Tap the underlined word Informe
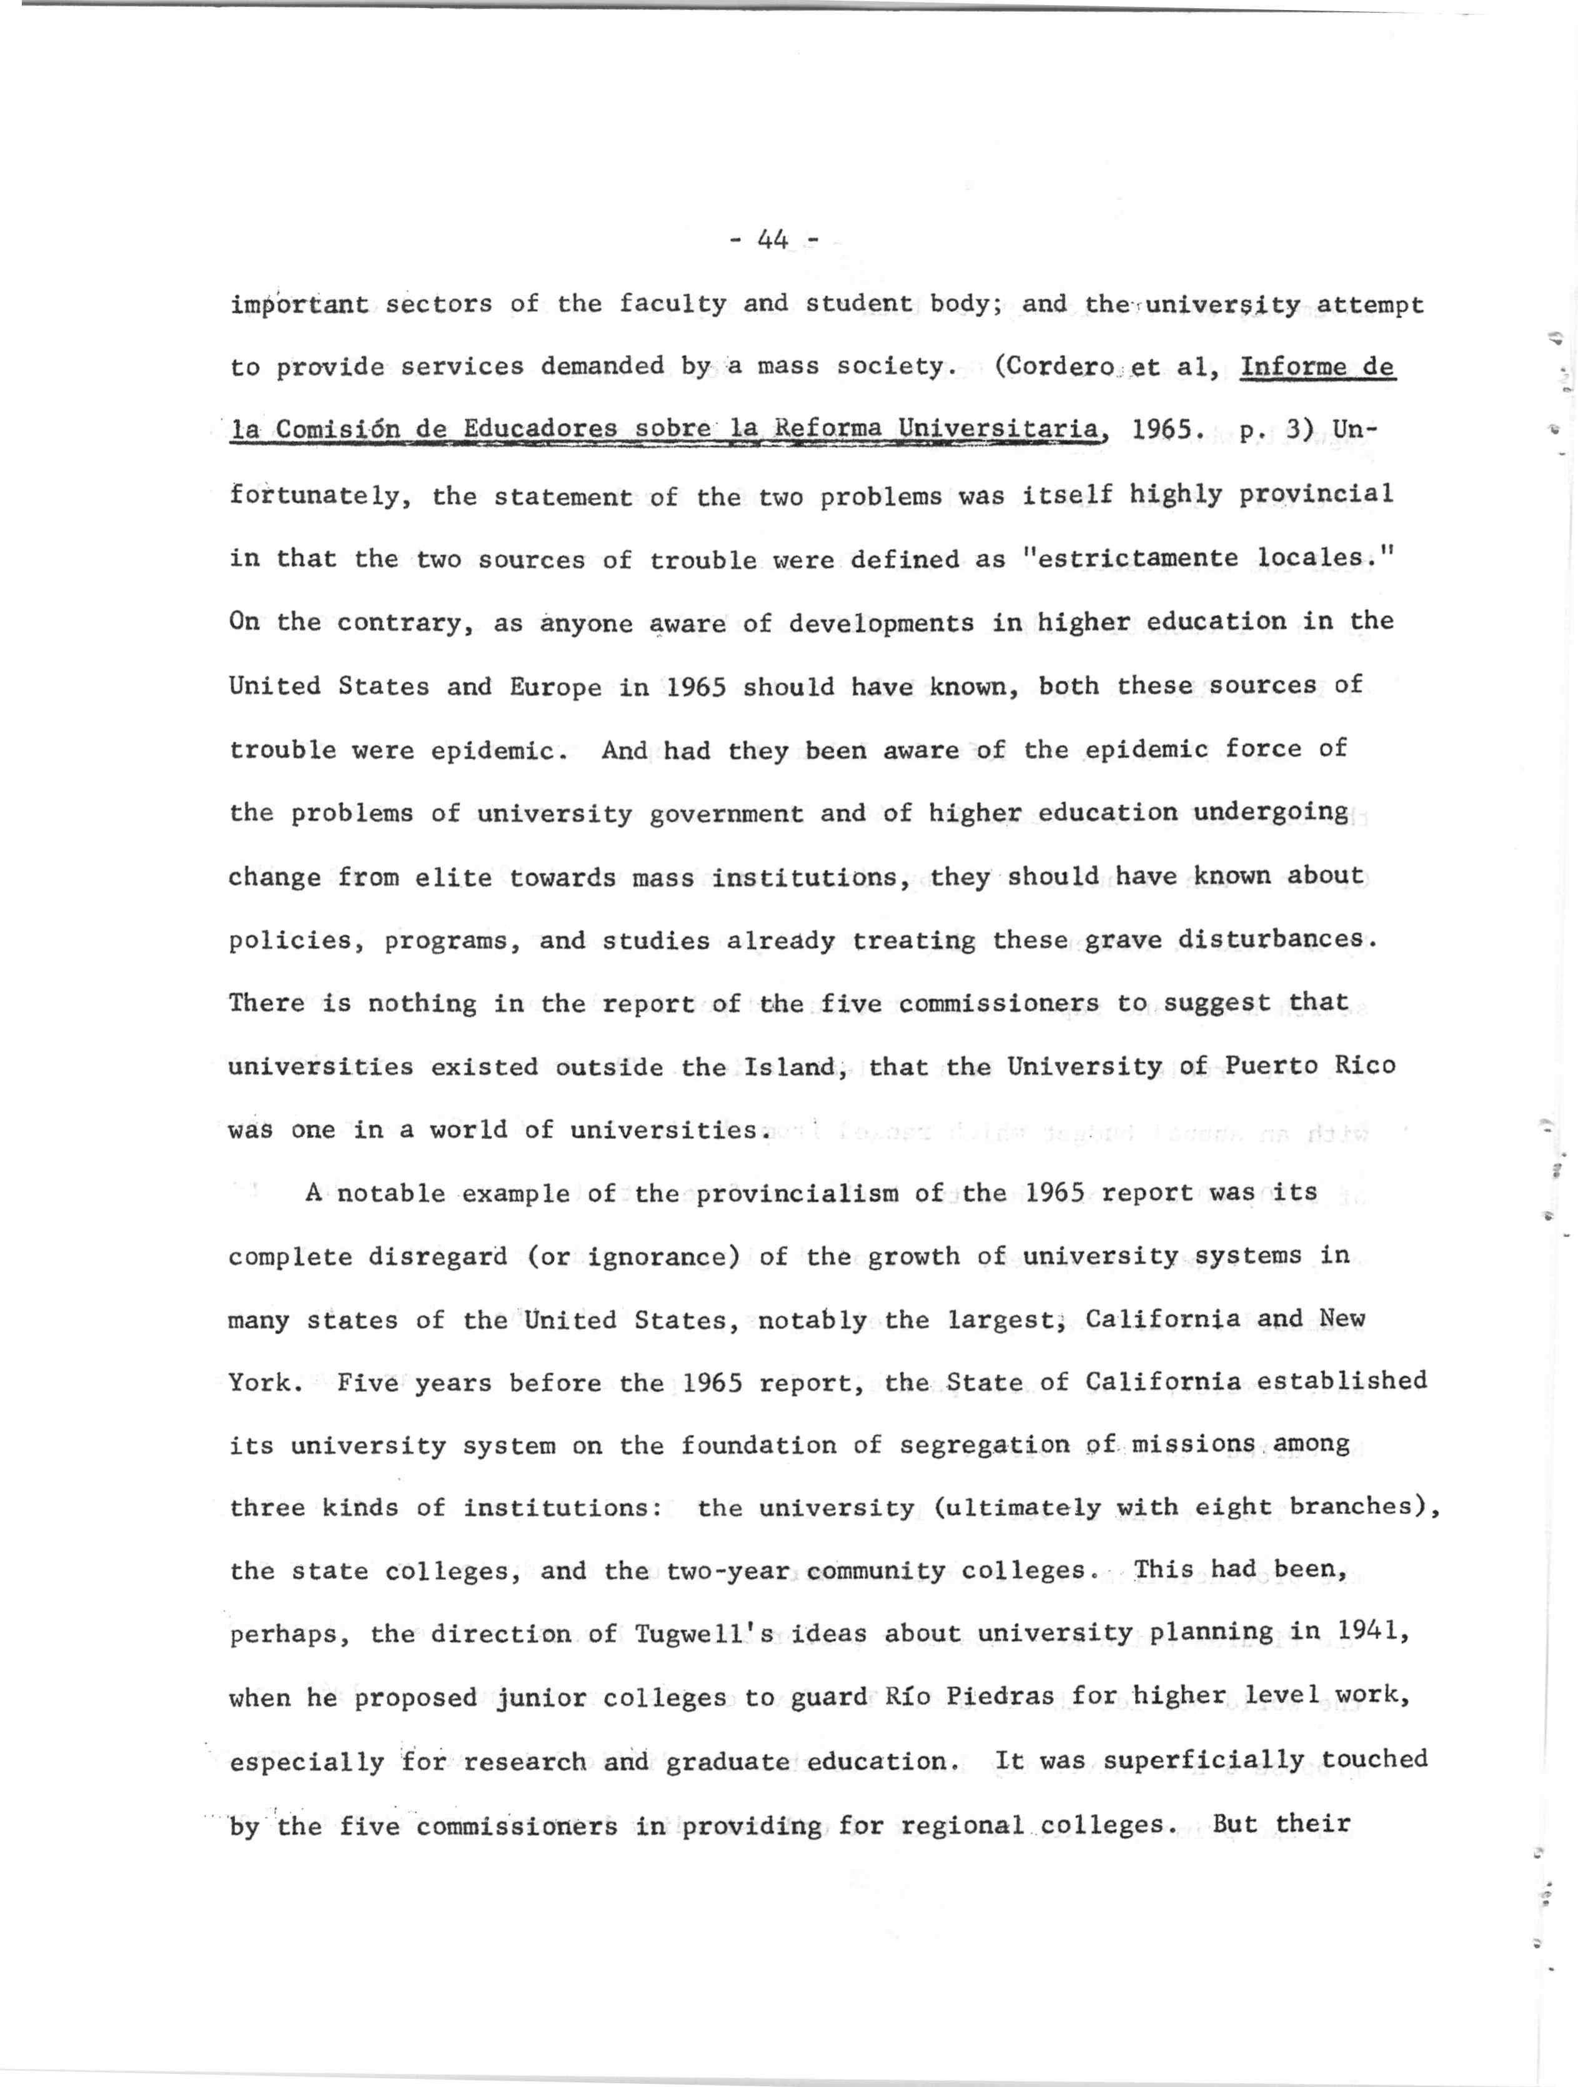1295,366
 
